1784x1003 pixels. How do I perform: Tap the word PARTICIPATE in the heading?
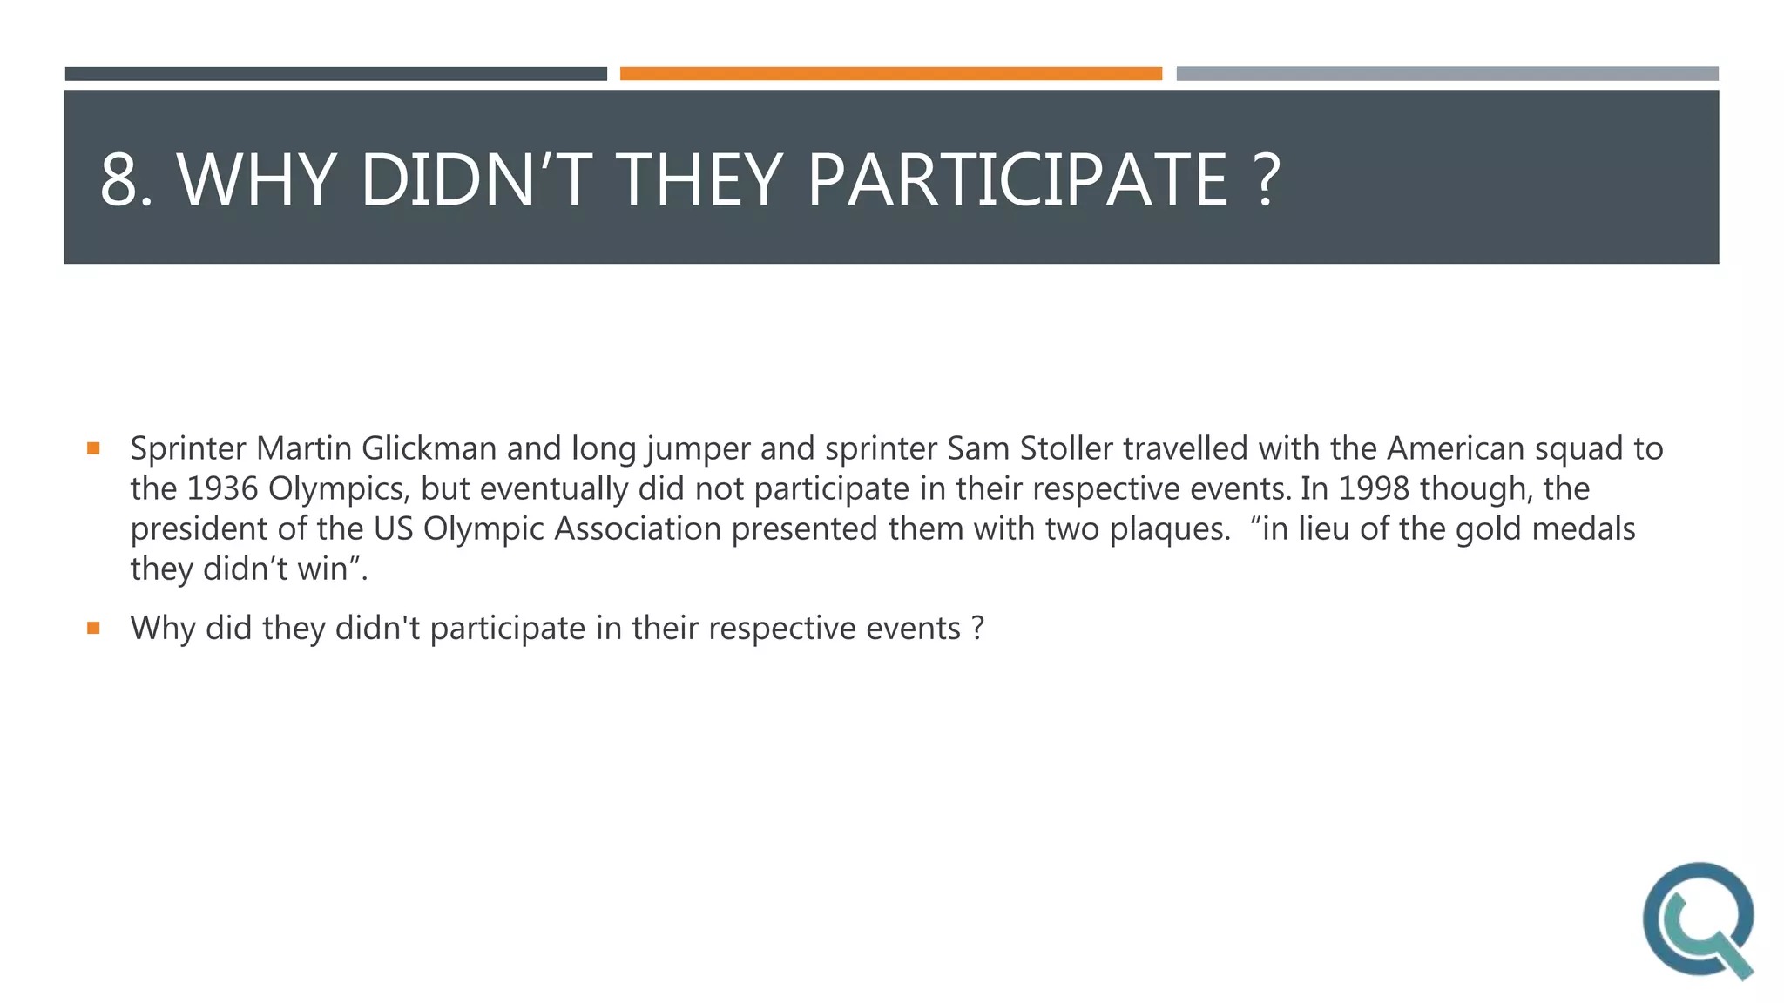[x=1017, y=179]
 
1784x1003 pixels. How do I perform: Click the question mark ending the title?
[x=1269, y=179]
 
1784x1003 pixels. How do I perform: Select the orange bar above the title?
[x=890, y=74]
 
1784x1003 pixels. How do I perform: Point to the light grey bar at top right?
[x=1447, y=74]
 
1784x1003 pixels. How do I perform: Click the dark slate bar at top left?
[x=335, y=74]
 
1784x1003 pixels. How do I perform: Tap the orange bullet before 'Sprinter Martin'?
[x=93, y=449]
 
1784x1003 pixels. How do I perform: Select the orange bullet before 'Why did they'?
[x=93, y=628]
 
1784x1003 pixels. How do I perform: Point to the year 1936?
[x=222, y=489]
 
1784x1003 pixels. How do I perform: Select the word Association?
[x=638, y=529]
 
